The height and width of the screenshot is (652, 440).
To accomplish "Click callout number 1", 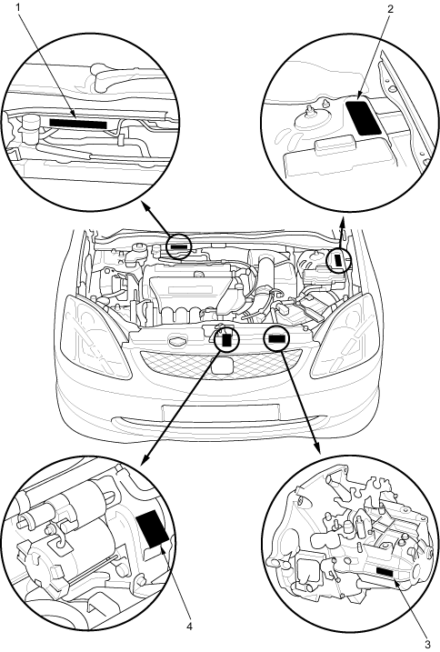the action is (19, 8).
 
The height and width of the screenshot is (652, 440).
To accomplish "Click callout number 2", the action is (390, 9).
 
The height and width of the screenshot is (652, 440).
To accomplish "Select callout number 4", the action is (190, 627).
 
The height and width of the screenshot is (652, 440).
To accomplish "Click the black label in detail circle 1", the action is (78, 123).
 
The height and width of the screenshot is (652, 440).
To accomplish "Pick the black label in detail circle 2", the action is (363, 116).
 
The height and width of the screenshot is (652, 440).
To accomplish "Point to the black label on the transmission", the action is (386, 571).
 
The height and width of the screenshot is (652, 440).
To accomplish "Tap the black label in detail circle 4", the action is (152, 527).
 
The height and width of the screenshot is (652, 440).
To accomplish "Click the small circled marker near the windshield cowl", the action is (178, 246).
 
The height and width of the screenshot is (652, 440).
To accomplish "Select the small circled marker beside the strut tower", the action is (337, 260).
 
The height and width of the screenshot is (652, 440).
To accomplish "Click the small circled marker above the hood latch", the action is (227, 339).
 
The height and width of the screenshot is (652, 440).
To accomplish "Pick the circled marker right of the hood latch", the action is (276, 338).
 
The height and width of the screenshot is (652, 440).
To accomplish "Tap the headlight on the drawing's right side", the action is (345, 336).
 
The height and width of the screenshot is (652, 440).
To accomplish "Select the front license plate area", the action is (220, 413).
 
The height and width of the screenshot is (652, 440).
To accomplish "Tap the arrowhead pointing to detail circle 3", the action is (318, 449).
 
